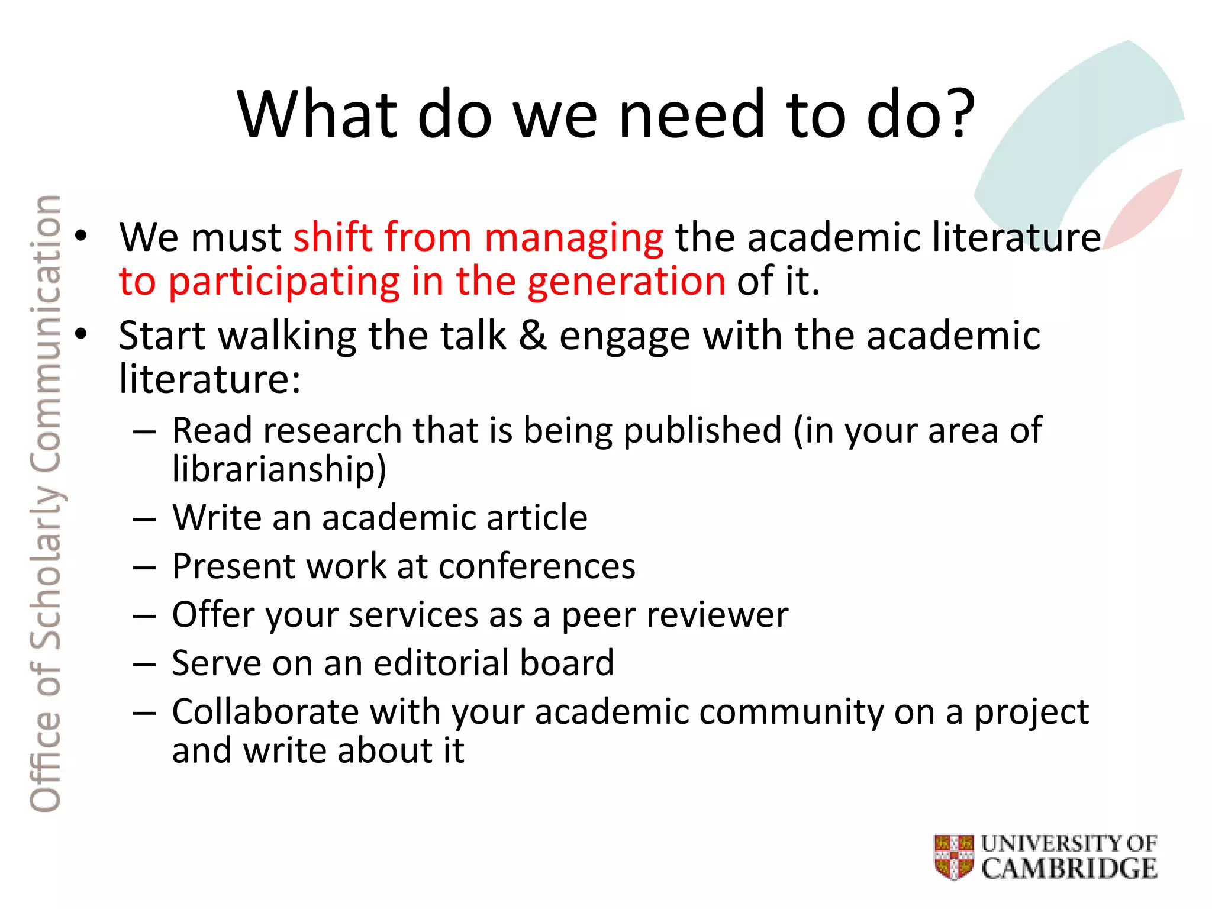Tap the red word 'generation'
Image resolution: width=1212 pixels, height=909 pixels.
coord(626,281)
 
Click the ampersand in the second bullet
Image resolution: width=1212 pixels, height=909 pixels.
coord(533,335)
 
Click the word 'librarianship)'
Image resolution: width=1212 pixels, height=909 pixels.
coord(279,469)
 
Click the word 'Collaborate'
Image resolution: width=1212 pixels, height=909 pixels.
coord(265,711)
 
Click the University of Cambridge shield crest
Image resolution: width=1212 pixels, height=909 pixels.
coord(954,856)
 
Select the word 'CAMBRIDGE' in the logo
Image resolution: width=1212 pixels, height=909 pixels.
coord(1069,868)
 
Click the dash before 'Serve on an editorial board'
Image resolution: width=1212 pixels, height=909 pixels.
coord(144,664)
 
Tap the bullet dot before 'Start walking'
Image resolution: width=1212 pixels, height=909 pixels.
coord(80,334)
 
